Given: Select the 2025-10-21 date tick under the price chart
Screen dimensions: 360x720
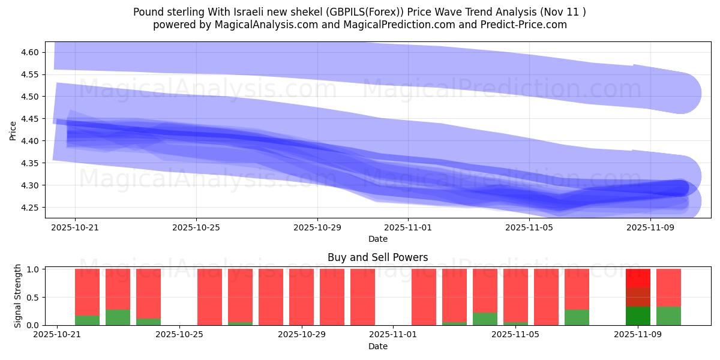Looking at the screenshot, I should pos(75,227).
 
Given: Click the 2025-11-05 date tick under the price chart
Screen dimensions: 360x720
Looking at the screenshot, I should pos(529,227).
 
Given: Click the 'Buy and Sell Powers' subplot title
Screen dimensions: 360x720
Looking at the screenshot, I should pos(377,257).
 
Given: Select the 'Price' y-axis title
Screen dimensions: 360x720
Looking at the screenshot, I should pos(13,130).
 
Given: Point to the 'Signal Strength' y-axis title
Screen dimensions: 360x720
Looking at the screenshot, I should pos(18,295).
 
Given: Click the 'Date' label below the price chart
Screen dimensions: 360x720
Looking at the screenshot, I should pos(377,239).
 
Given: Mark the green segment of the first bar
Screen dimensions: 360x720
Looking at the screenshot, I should pos(88,320).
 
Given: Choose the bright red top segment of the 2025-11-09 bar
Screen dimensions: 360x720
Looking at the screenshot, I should pos(638,278).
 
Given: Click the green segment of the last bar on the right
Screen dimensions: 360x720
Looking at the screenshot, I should pos(668,316).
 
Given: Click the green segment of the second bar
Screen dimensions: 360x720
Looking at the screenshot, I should pos(118,317).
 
